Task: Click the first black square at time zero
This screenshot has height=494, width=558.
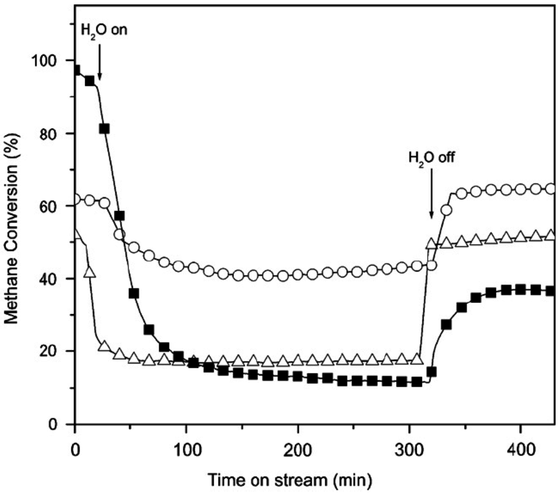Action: click(76, 70)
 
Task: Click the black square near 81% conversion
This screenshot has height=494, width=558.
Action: click(105, 129)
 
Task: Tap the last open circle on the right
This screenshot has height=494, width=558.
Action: click(550, 188)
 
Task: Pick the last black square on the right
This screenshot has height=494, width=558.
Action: click(550, 291)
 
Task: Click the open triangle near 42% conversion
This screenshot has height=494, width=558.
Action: click(90, 271)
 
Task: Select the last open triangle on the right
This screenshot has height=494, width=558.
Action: click(550, 235)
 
